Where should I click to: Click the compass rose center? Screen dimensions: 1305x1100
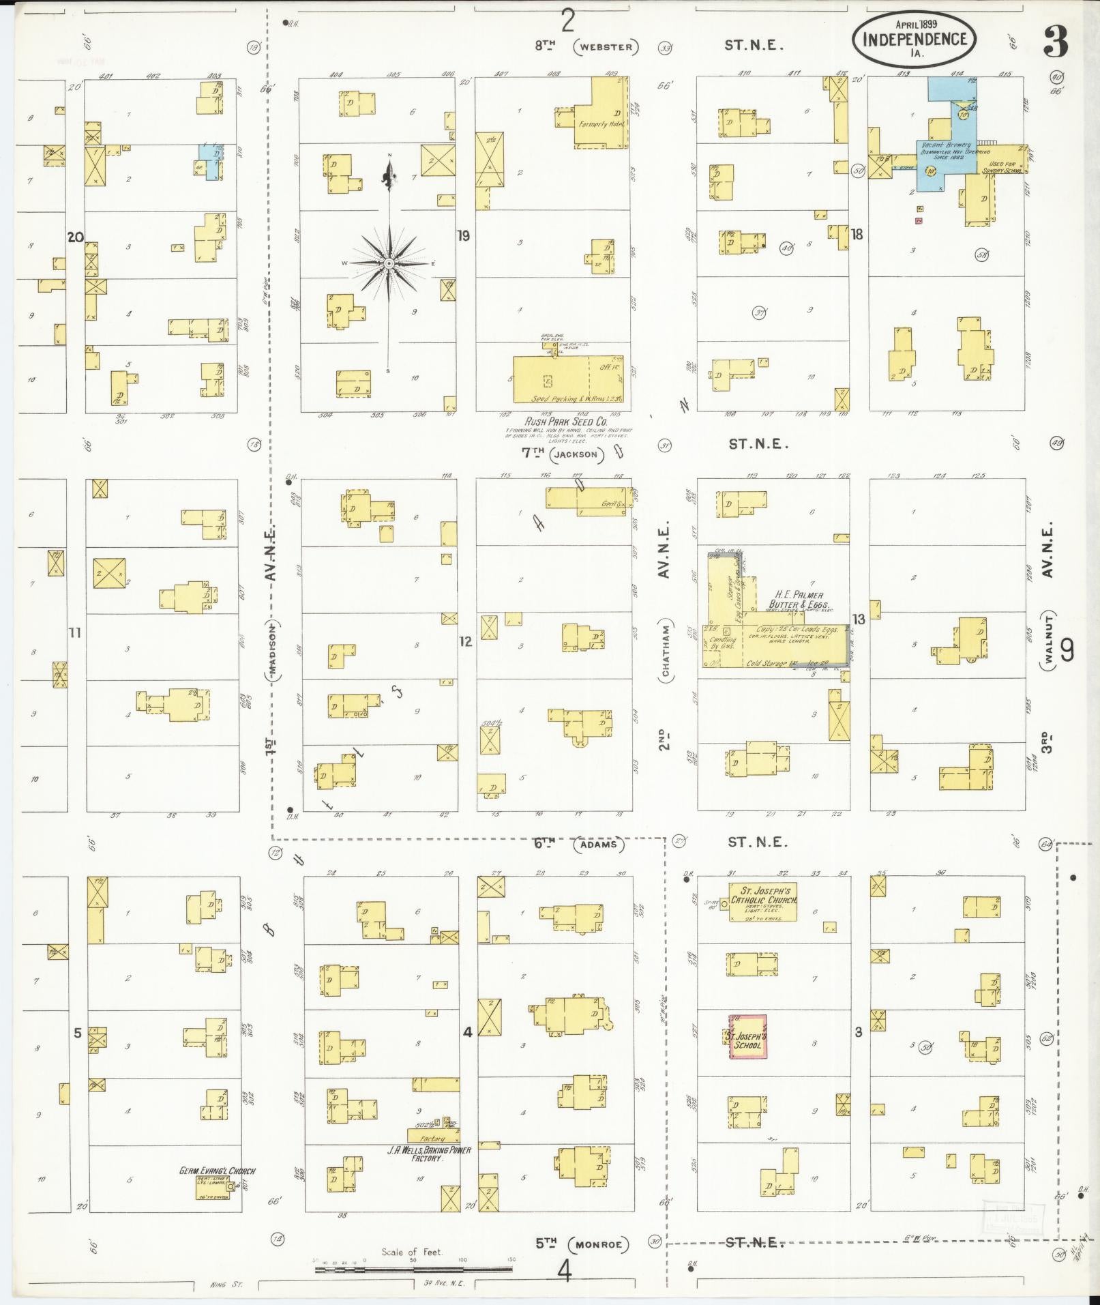pos(389,263)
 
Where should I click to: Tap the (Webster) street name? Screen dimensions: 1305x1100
pos(606,46)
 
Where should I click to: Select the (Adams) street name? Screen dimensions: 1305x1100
pos(599,844)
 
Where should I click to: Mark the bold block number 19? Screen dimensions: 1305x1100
pos(463,237)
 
